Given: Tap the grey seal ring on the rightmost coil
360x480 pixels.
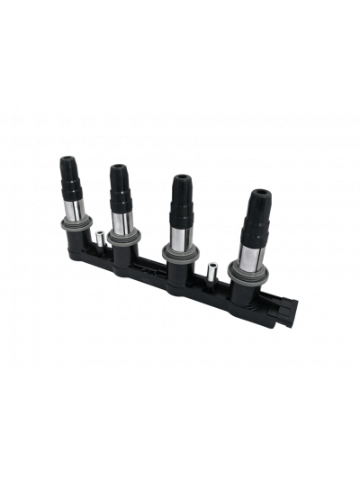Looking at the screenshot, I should coord(253,269).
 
